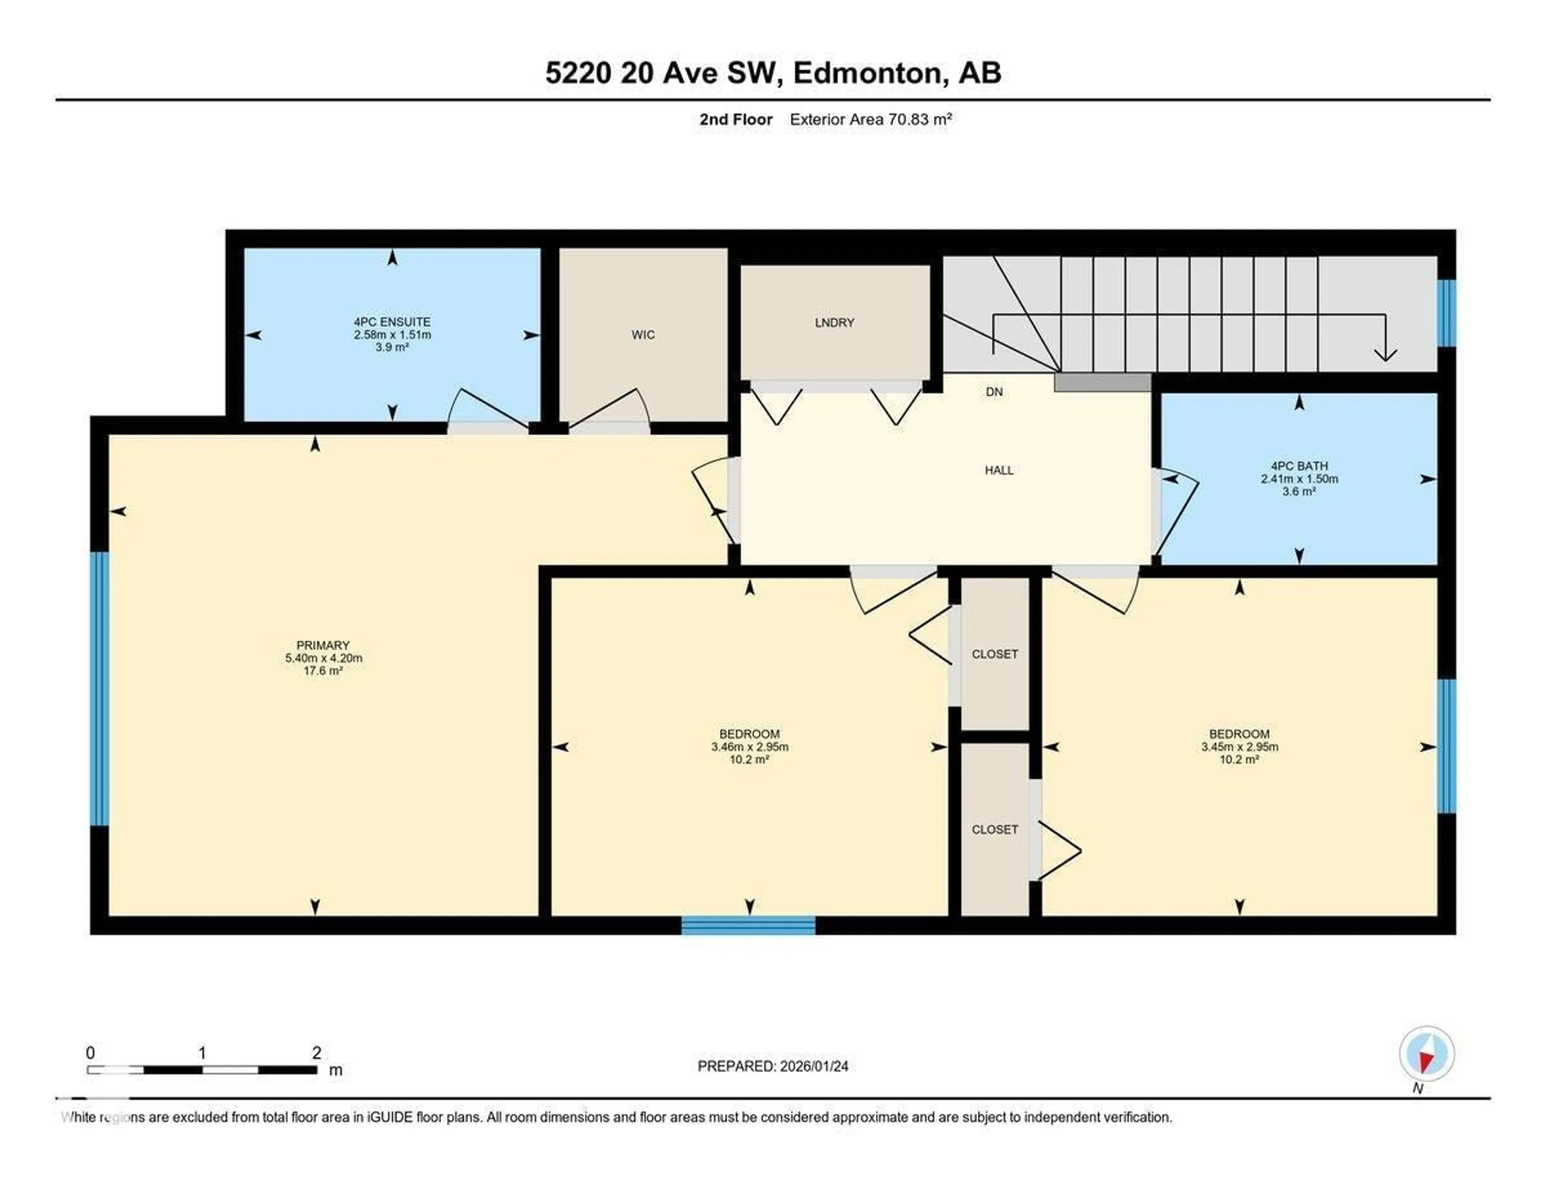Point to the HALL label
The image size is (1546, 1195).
coord(999,470)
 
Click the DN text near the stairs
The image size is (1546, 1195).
coord(994,392)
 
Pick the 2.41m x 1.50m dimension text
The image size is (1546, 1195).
coord(1299,479)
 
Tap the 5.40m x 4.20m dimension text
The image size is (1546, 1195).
coord(324,658)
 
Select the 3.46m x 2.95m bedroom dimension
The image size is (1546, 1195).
coord(750,747)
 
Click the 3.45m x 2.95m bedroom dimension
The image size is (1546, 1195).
coord(1240,747)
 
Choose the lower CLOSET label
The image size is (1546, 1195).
coord(994,830)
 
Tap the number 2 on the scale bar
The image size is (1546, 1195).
coord(316,1053)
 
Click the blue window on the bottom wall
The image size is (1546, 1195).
coord(748,925)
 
